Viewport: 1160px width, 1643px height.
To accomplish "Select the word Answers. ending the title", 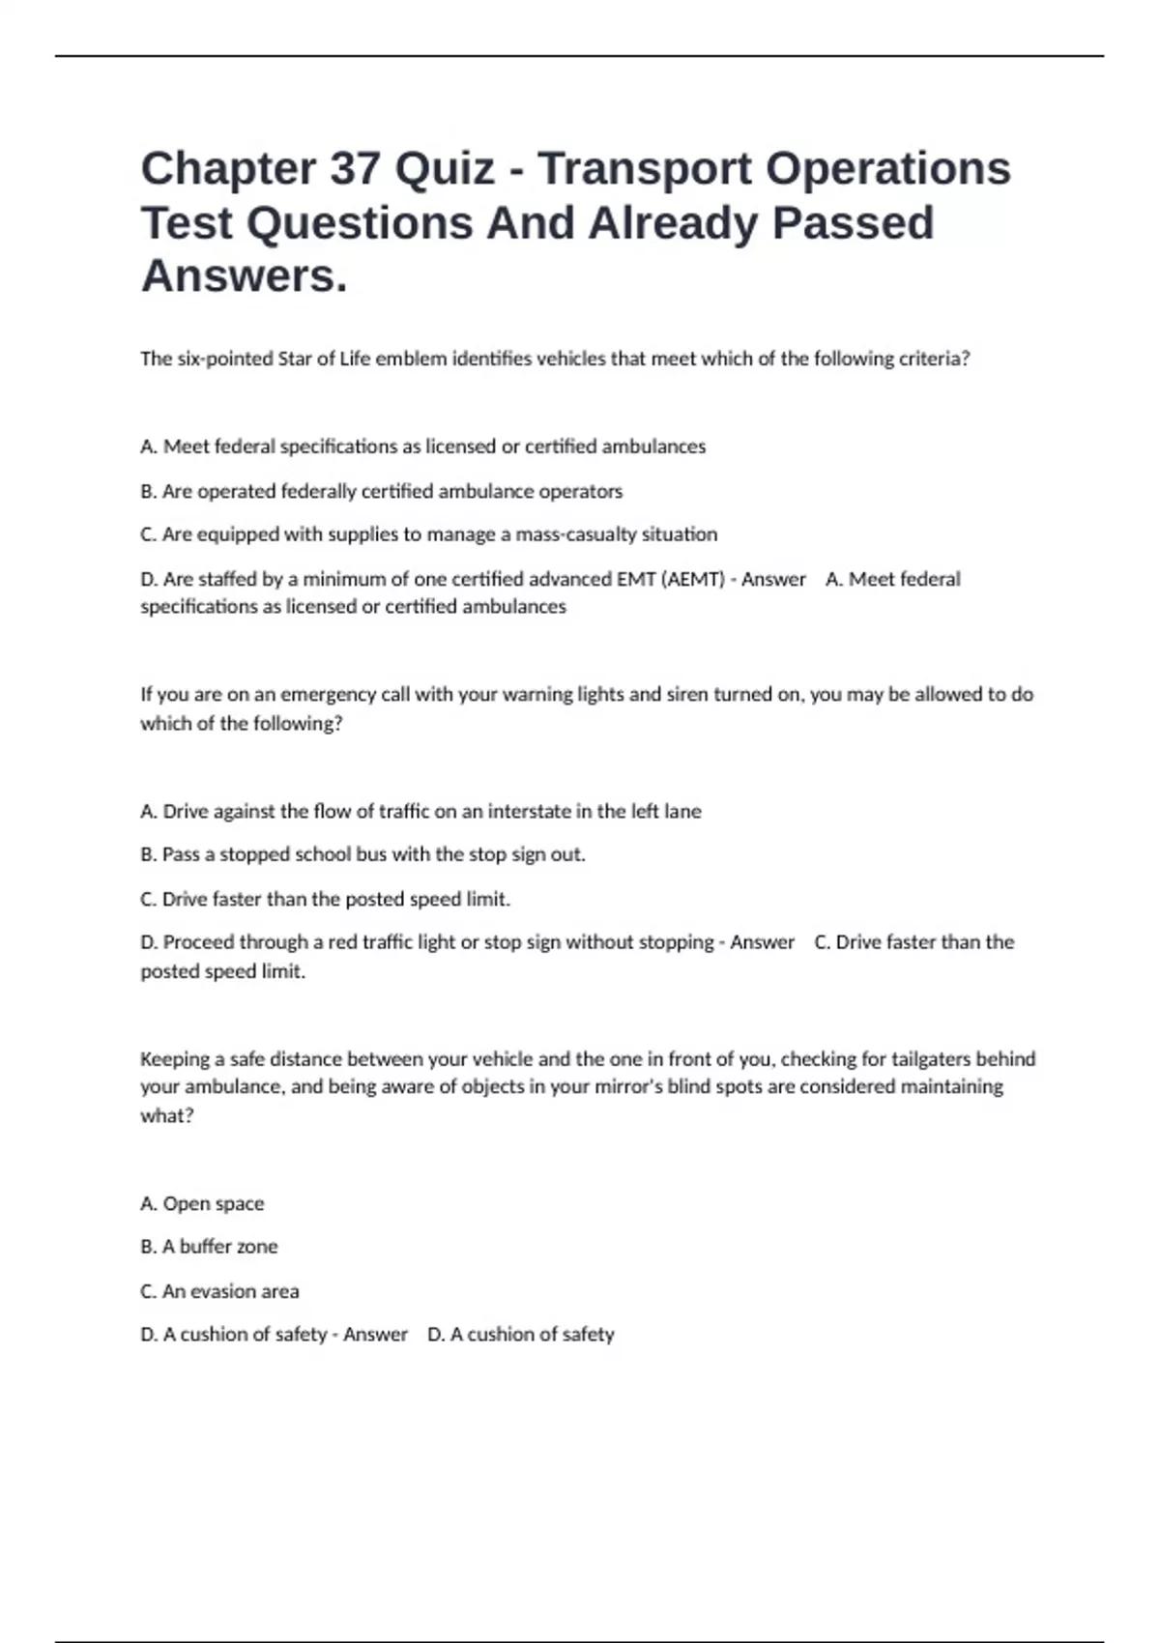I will click(x=244, y=276).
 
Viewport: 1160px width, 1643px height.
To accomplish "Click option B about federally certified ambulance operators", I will click(x=381, y=491).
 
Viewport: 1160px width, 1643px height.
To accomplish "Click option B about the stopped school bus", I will click(x=362, y=854).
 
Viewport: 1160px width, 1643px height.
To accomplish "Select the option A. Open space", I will click(x=202, y=1203).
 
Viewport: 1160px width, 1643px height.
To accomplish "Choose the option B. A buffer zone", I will click(x=209, y=1247).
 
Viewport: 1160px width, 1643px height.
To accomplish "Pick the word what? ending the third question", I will click(x=167, y=1115).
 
